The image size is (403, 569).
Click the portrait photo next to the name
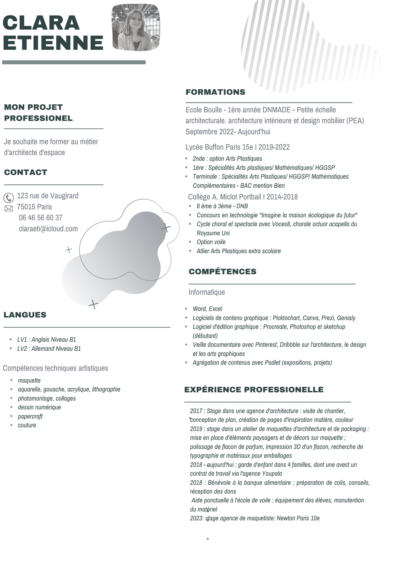pyautogui.click(x=136, y=28)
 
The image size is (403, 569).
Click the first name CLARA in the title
pyautogui.click(x=41, y=22)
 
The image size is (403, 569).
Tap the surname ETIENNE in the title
pyautogui.click(x=53, y=43)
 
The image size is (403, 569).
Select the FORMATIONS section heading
pyautogui.click(x=215, y=92)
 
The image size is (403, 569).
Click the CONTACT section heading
pyautogui.click(x=26, y=172)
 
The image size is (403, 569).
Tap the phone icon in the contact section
pyautogui.click(x=9, y=198)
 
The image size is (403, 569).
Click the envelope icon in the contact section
pyautogui.click(x=9, y=209)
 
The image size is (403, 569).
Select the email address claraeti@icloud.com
pyautogui.click(x=48, y=229)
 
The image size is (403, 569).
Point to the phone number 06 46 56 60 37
pyautogui.click(x=40, y=218)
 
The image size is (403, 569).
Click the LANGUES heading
pyautogui.click(x=25, y=315)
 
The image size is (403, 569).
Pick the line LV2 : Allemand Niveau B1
pyautogui.click(x=49, y=349)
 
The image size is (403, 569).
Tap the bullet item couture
pyautogui.click(x=27, y=425)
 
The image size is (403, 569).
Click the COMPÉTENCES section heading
pyautogui.click(x=222, y=272)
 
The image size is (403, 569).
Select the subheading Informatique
pyautogui.click(x=207, y=292)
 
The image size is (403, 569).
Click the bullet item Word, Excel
pyautogui.click(x=207, y=309)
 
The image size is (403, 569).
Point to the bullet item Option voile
pyautogui.click(x=211, y=242)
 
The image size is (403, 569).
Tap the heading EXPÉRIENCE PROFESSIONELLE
pyautogui.click(x=254, y=390)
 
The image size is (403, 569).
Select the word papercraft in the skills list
pyautogui.click(x=30, y=417)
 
